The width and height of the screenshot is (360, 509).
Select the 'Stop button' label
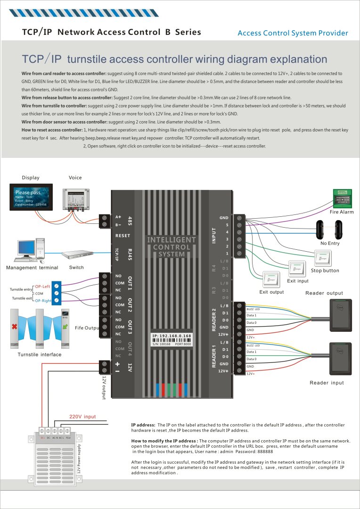point(325,271)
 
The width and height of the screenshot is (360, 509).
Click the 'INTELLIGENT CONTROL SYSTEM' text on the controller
point(172,247)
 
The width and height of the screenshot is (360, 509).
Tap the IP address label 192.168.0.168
point(172,336)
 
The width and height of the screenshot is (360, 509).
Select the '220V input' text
point(82,417)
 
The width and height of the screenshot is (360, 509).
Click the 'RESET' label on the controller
point(123,235)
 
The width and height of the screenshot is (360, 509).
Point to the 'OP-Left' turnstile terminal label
point(43,287)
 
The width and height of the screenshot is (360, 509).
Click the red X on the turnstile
point(15,326)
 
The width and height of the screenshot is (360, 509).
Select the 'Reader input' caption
point(327,383)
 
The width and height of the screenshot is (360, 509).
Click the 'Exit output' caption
point(271,292)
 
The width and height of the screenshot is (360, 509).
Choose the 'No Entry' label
point(330,243)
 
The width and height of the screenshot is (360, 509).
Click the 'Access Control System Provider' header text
point(293,33)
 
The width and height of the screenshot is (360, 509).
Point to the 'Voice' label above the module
point(75,178)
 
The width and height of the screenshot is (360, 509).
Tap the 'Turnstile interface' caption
point(40,354)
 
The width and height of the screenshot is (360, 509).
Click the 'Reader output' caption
point(324,293)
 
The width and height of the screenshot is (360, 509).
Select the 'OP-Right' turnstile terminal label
point(44,300)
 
